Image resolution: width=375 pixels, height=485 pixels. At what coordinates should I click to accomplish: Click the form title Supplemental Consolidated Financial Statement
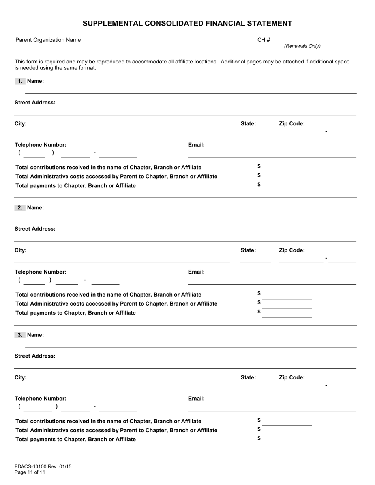pyautogui.click(x=187, y=24)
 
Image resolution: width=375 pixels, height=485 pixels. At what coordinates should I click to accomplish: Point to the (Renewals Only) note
pyautogui.click(x=302, y=46)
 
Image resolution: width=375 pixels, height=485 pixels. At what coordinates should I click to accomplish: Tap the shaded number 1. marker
pyautogui.click(x=20, y=81)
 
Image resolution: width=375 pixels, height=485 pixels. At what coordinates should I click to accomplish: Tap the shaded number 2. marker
pyautogui.click(x=20, y=208)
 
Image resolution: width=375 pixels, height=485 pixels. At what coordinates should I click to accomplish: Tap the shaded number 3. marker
pyautogui.click(x=20, y=335)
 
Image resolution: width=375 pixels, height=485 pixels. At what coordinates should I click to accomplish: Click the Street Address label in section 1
pyautogui.click(x=35, y=103)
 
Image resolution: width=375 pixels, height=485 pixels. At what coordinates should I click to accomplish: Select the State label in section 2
pyautogui.click(x=248, y=250)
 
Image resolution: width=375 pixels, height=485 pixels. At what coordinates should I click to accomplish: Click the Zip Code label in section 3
pyautogui.click(x=292, y=377)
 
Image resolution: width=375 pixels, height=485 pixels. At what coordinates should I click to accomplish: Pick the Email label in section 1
pyautogui.click(x=196, y=145)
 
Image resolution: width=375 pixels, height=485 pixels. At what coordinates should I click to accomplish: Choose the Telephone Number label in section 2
pyautogui.click(x=40, y=272)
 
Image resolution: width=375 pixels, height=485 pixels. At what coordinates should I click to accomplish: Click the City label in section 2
pyautogui.click(x=21, y=250)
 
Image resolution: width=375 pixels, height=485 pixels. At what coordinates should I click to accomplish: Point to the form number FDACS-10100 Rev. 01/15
pyautogui.click(x=43, y=466)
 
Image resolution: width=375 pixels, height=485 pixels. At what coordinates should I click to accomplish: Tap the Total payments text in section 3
pyautogui.click(x=75, y=439)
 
